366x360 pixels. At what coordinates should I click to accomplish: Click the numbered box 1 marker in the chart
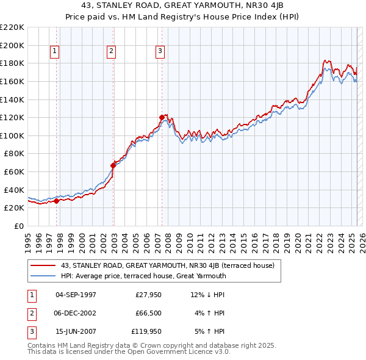(55, 52)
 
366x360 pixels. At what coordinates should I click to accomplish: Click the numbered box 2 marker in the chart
(112, 52)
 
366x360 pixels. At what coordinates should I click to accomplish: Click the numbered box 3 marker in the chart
(160, 52)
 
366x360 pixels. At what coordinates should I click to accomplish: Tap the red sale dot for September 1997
(57, 200)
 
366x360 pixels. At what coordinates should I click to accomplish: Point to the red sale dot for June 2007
(162, 117)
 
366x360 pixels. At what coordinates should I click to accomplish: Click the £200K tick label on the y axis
(12, 45)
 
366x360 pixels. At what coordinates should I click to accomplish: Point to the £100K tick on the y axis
(12, 135)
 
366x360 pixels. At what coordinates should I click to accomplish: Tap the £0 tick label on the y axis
(18, 226)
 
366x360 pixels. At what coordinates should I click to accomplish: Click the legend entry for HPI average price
(143, 276)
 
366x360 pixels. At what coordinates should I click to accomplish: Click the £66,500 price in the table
(147, 313)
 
